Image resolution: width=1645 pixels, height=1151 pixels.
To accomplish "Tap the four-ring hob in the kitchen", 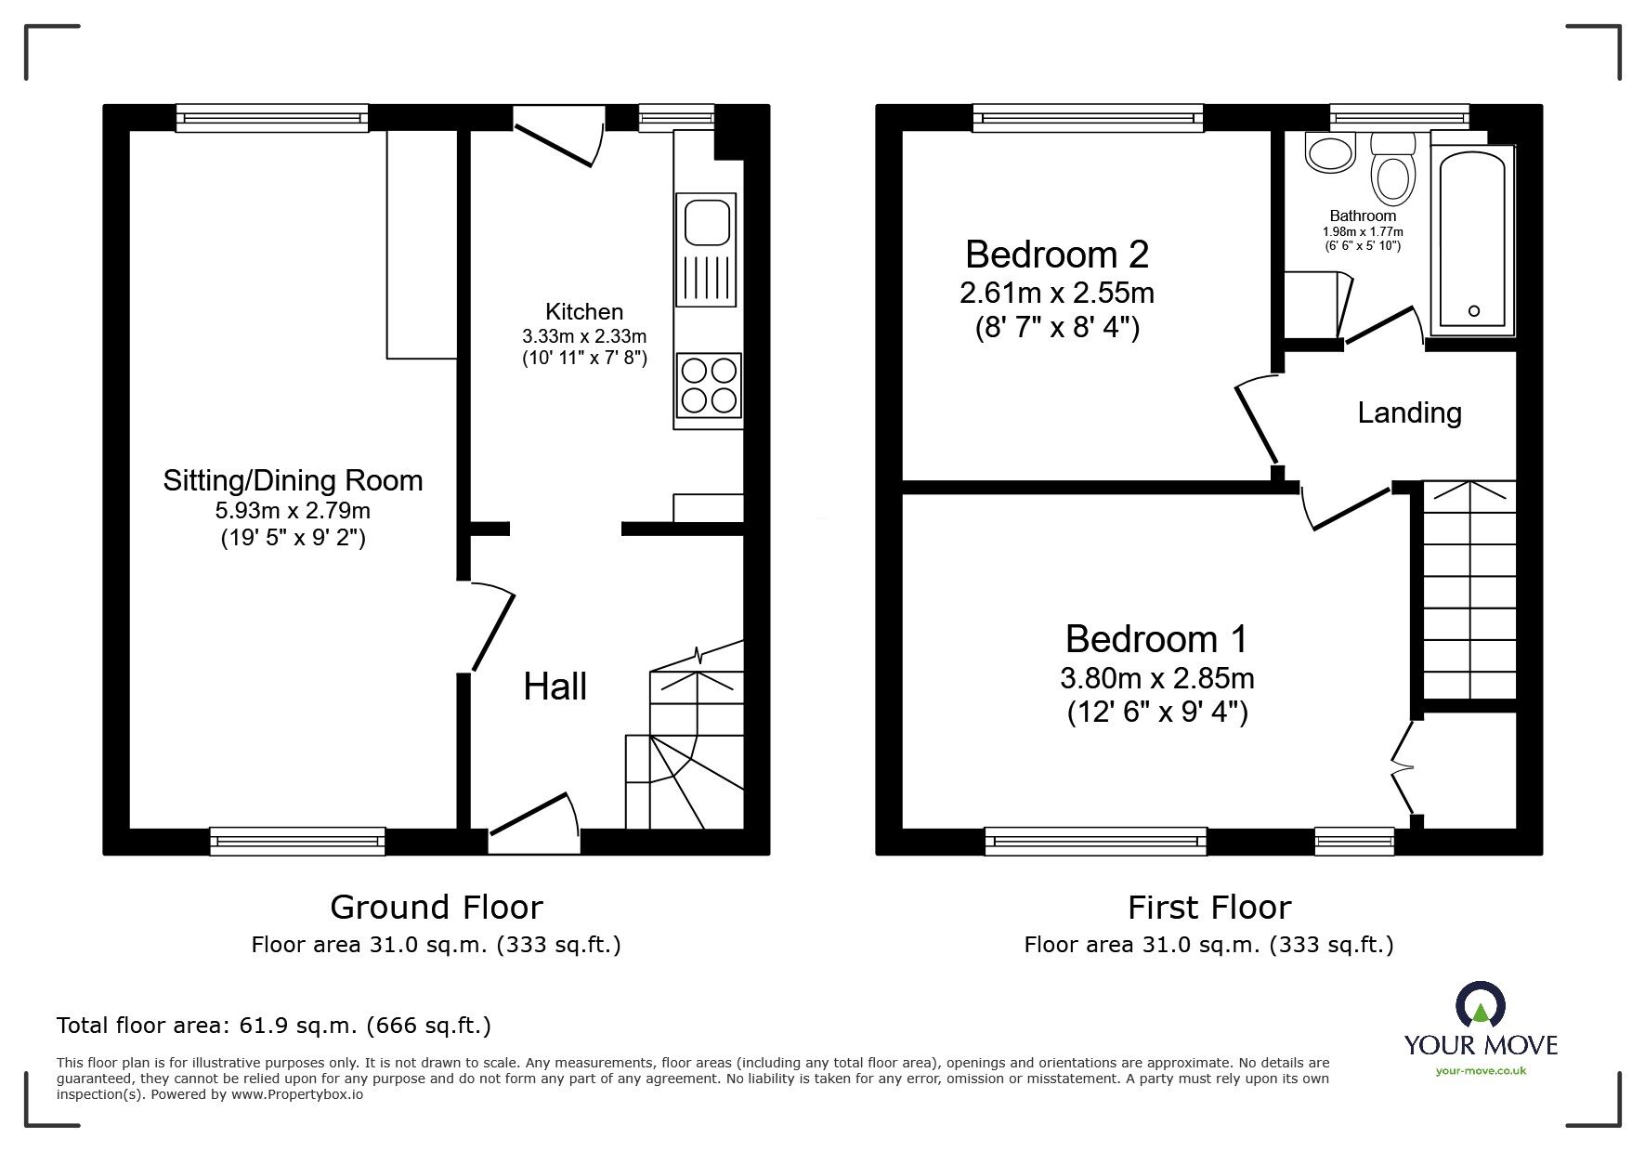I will [710, 386].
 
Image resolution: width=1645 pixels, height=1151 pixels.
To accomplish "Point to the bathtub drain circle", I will [1474, 311].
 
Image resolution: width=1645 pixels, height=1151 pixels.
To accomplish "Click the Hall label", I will [555, 687].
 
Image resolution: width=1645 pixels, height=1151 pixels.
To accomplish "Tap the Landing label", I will [1409, 412].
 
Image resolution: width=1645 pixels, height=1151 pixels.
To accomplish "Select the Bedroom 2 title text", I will [1056, 255].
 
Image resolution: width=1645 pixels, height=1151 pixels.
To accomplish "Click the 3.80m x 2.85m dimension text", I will [1156, 678].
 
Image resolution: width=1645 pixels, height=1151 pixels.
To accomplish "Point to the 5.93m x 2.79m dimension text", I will [293, 510].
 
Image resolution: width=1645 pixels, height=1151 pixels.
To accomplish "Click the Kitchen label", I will [583, 312].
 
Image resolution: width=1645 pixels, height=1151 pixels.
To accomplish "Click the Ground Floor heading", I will [436, 907].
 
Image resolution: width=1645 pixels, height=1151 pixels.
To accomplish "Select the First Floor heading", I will [1208, 907].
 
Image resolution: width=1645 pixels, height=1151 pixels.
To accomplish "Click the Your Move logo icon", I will [1479, 1007].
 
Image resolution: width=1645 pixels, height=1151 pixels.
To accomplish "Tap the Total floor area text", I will [274, 1026].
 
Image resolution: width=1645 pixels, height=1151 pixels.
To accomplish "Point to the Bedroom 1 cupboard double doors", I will [1403, 767].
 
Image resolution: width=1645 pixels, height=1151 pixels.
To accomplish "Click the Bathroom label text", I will [1363, 216].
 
